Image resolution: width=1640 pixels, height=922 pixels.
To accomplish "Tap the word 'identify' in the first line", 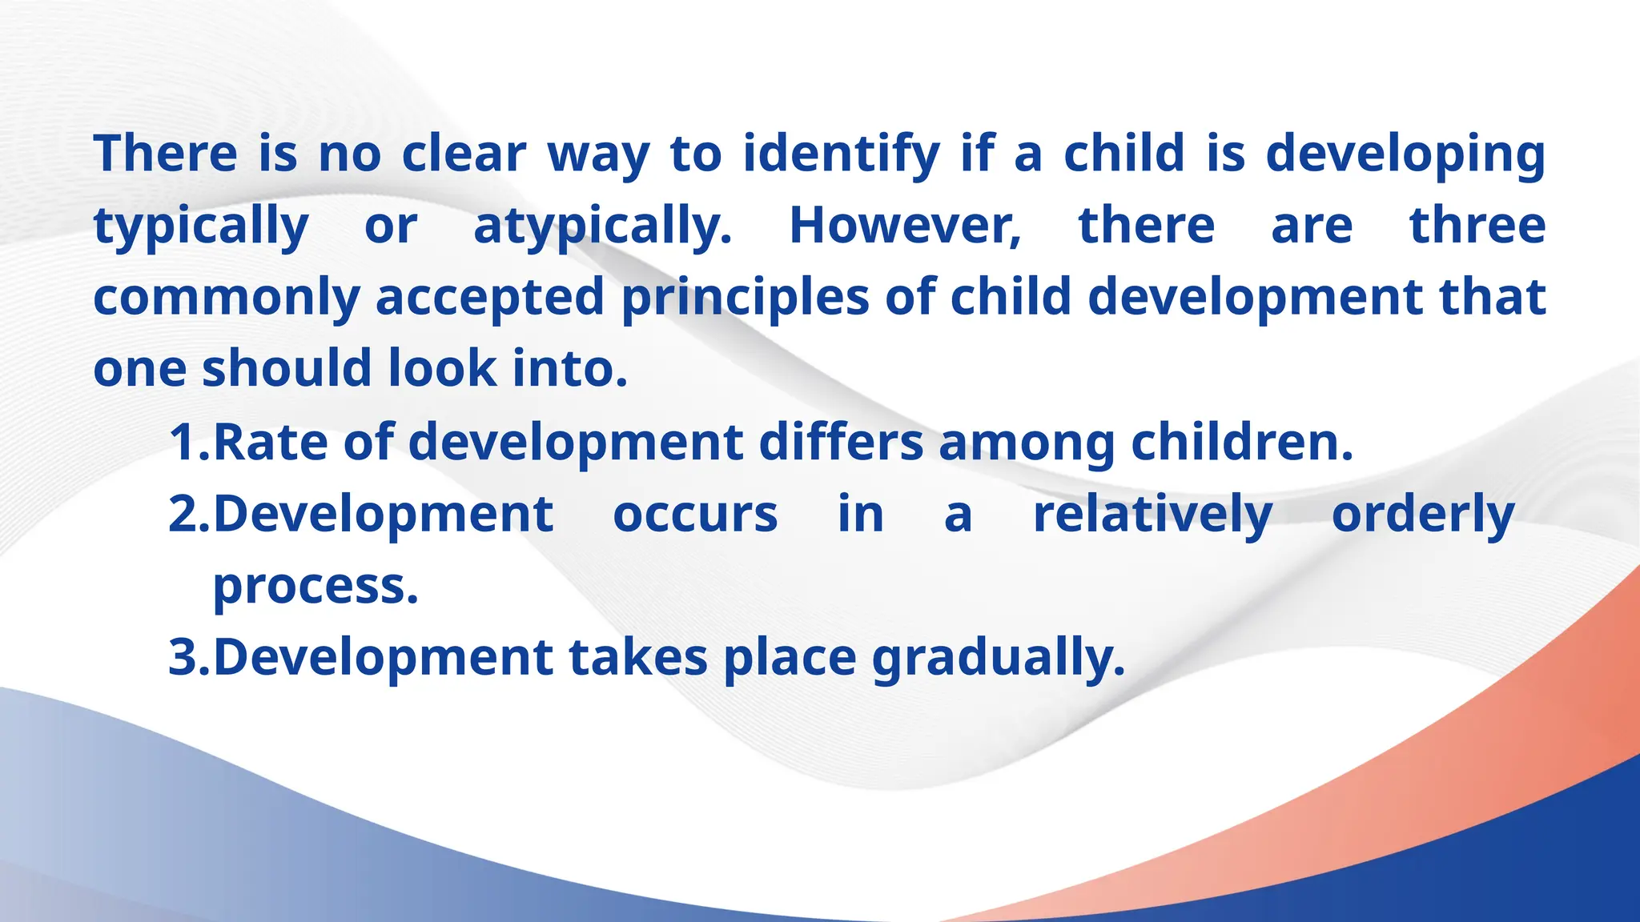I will pos(841,154).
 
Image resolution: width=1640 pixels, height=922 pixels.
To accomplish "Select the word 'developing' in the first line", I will pos(1405,154).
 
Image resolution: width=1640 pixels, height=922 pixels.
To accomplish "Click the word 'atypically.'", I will pos(602,226).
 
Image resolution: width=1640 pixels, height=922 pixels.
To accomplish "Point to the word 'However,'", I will pos(905,226).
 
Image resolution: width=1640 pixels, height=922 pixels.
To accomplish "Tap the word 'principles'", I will pos(745,299).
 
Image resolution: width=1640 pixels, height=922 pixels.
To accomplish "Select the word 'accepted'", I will pos(489,299).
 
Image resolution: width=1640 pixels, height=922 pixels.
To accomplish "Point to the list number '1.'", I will pos(189,442).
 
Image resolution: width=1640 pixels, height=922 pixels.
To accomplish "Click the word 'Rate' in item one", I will pos(270,442).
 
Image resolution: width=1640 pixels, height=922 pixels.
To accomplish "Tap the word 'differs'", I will pos(841,442).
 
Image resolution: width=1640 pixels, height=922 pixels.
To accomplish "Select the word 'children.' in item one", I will pos(1241,442).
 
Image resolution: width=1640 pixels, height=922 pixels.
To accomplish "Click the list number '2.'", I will pos(189,514).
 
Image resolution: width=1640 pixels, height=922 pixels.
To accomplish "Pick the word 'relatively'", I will pos(1152,514).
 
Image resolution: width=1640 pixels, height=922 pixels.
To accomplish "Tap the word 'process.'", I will pos(316,587).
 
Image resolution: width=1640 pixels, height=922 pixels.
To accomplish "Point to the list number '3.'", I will pos(189,657).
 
